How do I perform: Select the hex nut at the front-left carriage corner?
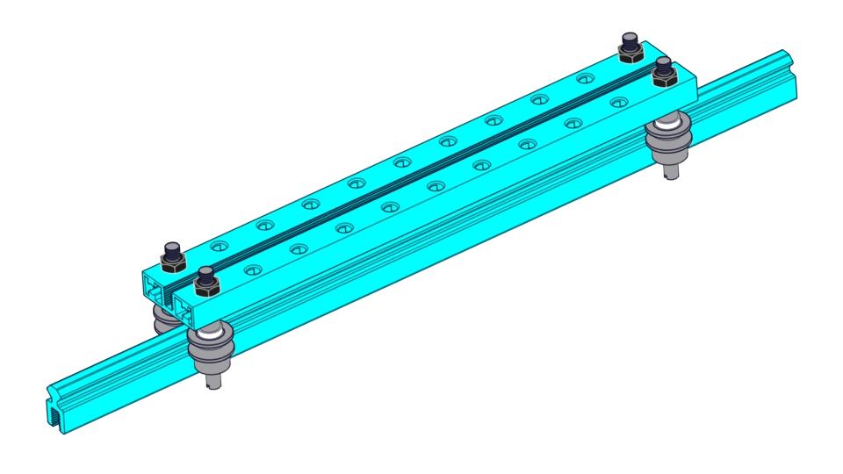(206, 285)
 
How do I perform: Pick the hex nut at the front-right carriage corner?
(664, 75)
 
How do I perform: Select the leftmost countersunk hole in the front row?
(253, 267)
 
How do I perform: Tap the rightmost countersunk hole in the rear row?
(584, 80)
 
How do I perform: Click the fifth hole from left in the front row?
(436, 185)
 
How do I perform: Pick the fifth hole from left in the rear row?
(401, 162)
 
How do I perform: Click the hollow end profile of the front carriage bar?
(185, 306)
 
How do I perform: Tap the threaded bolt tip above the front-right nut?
(664, 64)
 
